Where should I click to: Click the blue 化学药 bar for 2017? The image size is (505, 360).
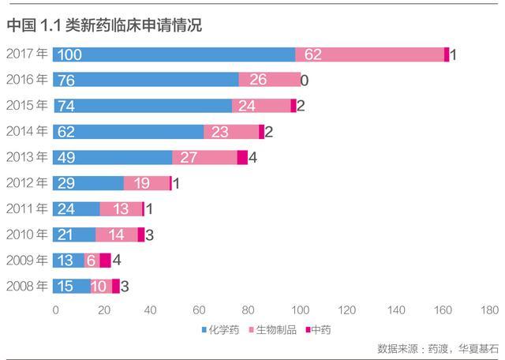point(174,54)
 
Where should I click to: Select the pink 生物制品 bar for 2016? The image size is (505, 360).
point(269,80)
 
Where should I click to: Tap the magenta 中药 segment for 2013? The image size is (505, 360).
point(242,157)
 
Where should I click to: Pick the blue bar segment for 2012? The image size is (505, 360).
point(88,183)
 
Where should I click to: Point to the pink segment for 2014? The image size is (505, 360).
point(231,132)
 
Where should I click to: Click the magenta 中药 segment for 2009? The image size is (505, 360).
point(105,261)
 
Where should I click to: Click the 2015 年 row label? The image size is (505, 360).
point(27,106)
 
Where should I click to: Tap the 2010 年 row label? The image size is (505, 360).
point(27,234)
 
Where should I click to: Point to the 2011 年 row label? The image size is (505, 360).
point(27,208)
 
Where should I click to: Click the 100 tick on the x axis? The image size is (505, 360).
point(299,309)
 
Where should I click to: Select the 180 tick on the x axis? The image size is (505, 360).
point(489,309)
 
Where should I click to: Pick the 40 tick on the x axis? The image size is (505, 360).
point(151,309)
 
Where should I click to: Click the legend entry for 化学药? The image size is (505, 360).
point(220,328)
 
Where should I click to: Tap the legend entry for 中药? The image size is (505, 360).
point(319,328)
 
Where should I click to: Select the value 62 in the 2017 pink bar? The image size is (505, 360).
point(313,54)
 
